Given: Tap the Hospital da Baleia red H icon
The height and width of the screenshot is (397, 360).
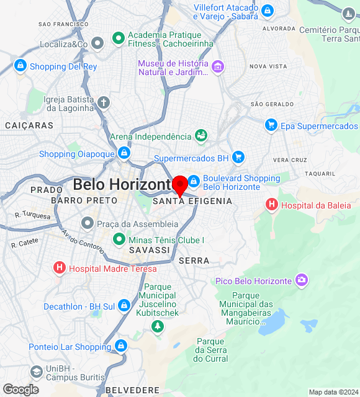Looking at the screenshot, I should (x=271, y=204).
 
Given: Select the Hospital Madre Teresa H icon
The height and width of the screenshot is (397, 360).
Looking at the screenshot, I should (x=59, y=268).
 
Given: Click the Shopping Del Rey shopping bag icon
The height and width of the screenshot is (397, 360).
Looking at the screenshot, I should (x=20, y=66).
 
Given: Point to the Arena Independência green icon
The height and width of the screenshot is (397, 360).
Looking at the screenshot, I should (x=201, y=135).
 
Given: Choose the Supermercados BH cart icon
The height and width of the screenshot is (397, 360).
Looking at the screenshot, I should (x=238, y=158).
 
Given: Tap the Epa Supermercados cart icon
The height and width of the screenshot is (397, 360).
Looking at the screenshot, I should (x=271, y=125).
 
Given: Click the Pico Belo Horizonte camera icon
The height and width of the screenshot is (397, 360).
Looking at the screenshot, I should (x=302, y=280).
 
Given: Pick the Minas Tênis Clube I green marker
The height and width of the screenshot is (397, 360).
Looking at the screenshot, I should (x=119, y=239).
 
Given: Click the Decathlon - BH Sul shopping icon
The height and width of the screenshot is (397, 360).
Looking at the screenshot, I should (x=124, y=306).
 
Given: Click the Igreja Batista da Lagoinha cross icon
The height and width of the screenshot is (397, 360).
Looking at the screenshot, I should (x=104, y=102).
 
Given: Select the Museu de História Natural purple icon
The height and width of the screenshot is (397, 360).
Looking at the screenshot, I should (x=217, y=66).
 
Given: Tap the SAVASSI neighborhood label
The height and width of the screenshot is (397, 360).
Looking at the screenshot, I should (x=150, y=249).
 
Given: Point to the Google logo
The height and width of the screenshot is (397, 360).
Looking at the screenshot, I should (x=20, y=390).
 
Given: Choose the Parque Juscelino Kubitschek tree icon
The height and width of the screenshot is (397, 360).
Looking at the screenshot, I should (x=158, y=326).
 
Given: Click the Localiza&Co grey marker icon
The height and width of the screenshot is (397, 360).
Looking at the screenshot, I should (x=97, y=43).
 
